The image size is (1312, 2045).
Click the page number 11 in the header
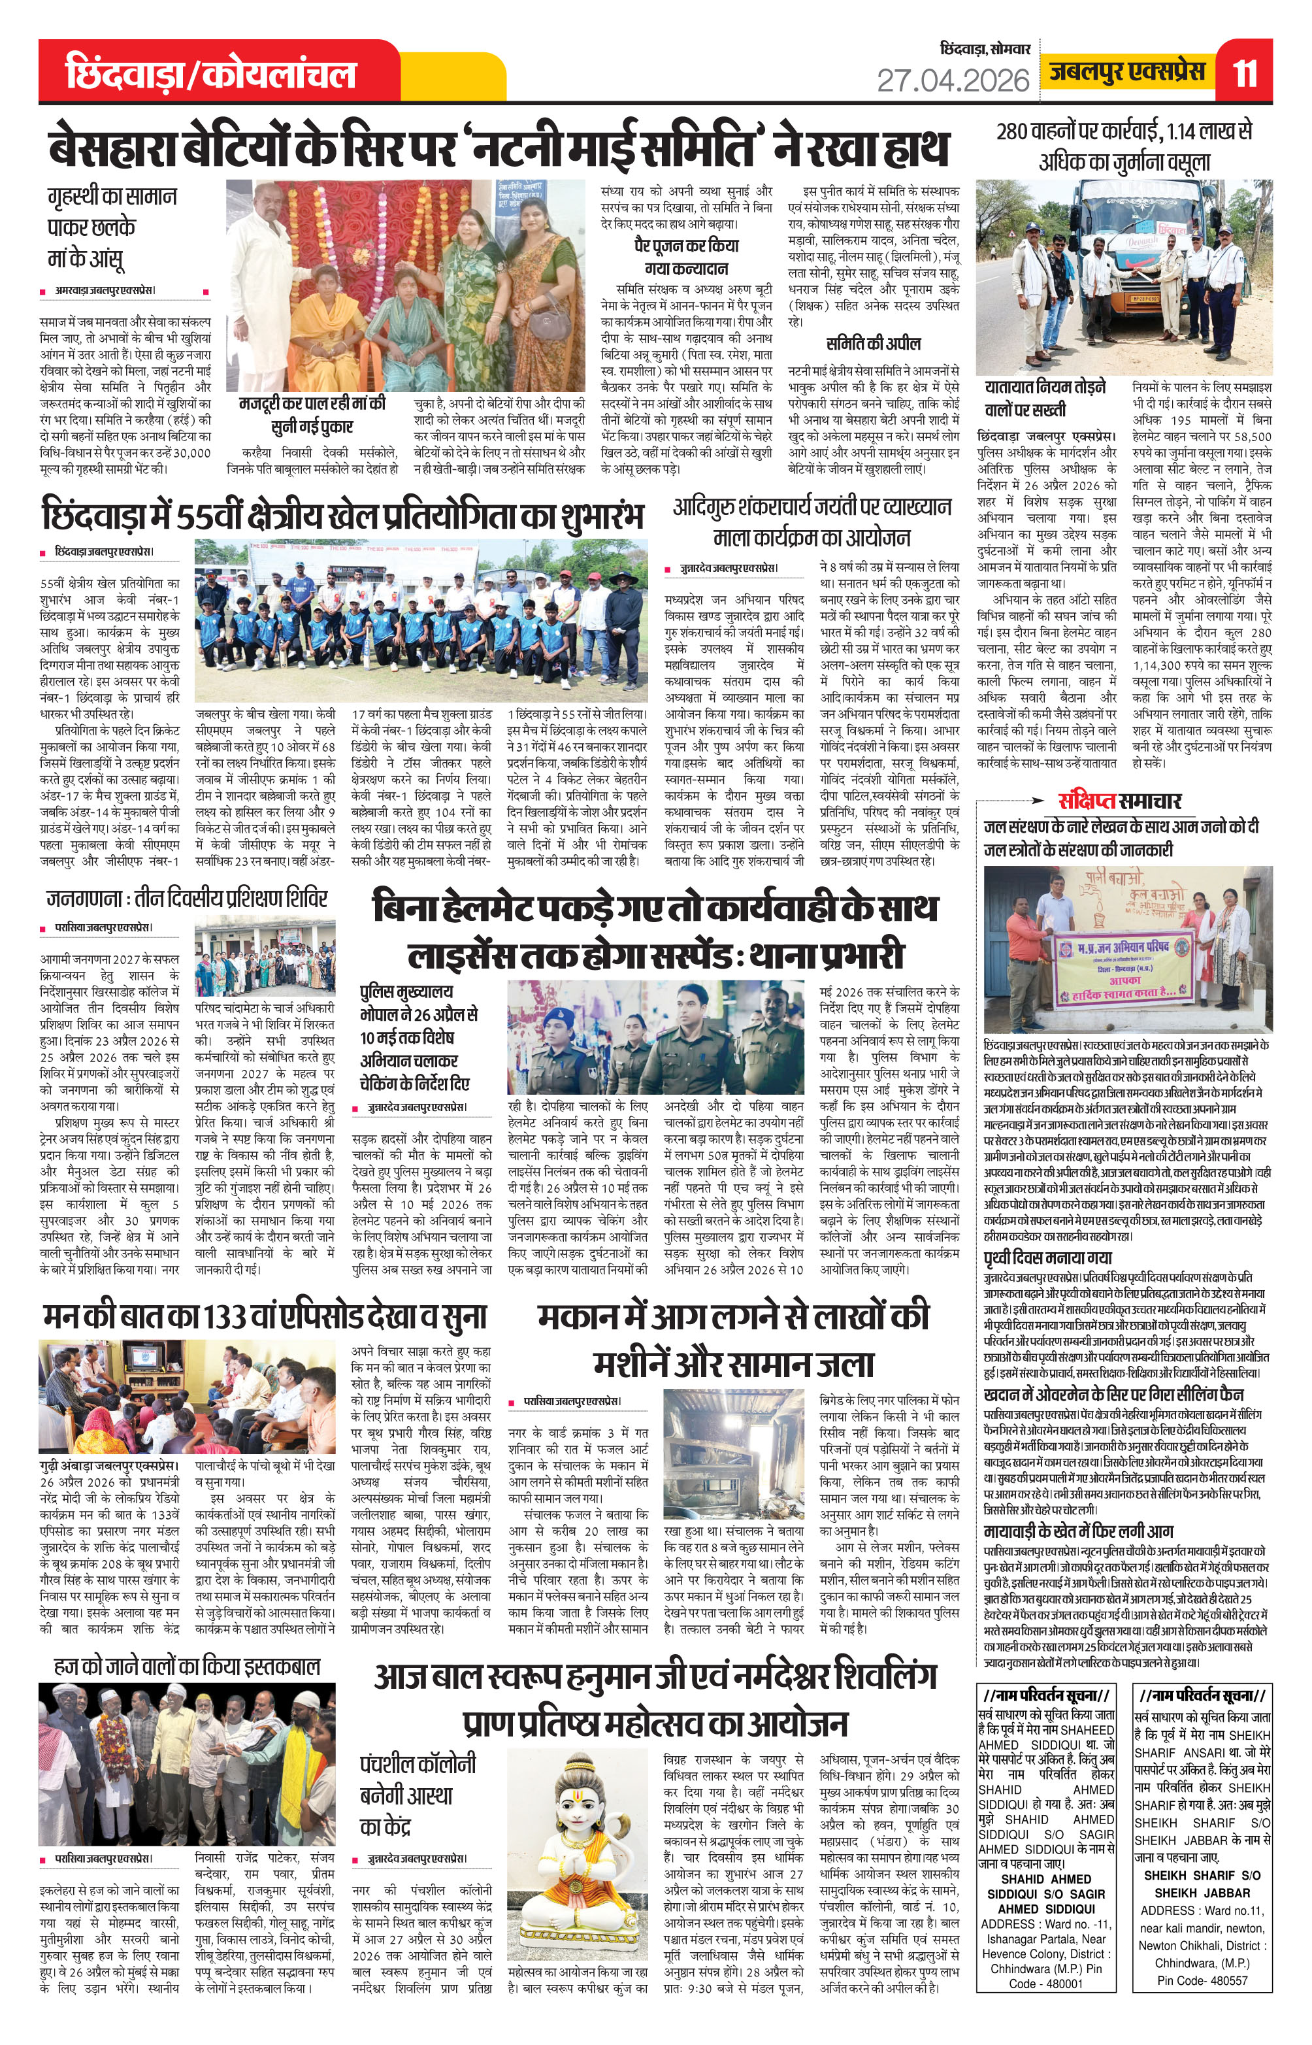(x=1245, y=73)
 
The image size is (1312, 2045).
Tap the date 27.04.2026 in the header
(x=953, y=80)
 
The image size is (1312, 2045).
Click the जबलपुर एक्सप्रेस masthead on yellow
(x=1126, y=72)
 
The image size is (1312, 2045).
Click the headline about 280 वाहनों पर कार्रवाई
(x=1124, y=146)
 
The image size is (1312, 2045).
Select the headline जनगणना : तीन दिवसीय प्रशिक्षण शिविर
(x=187, y=898)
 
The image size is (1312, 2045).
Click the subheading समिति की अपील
(x=873, y=343)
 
